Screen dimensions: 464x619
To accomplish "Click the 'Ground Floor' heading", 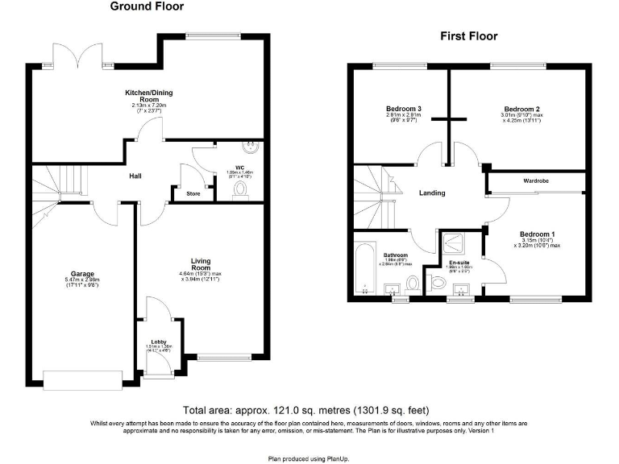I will point(147,7).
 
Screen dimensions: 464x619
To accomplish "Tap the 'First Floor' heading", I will point(468,36).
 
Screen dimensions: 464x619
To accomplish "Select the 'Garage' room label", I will point(82,274).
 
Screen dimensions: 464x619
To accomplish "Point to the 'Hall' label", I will point(135,176).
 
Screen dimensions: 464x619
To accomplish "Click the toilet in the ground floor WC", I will point(240,188).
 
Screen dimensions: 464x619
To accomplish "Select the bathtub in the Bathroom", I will point(362,270).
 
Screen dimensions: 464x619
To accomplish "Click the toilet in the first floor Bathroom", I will point(412,284).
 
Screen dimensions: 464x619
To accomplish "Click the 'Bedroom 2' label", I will point(521,109).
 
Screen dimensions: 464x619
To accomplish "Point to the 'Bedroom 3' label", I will point(404,109).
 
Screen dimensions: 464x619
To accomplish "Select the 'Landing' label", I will point(432,193).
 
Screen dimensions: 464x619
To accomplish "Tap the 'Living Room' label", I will point(200,264).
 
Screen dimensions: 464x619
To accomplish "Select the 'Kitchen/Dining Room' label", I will point(148,96).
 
